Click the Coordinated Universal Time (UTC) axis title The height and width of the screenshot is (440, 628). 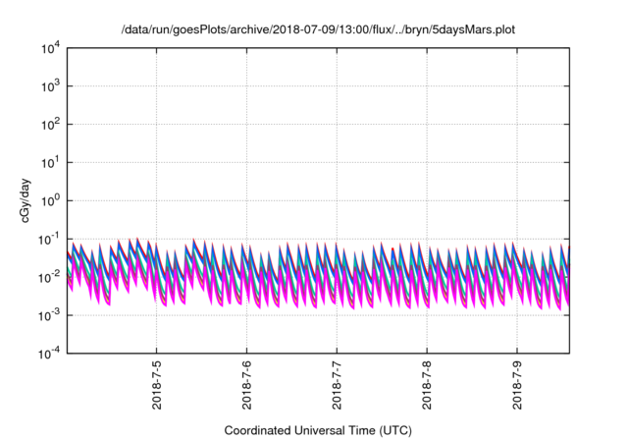click(x=316, y=430)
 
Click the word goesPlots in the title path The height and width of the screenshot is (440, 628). click(x=200, y=30)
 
